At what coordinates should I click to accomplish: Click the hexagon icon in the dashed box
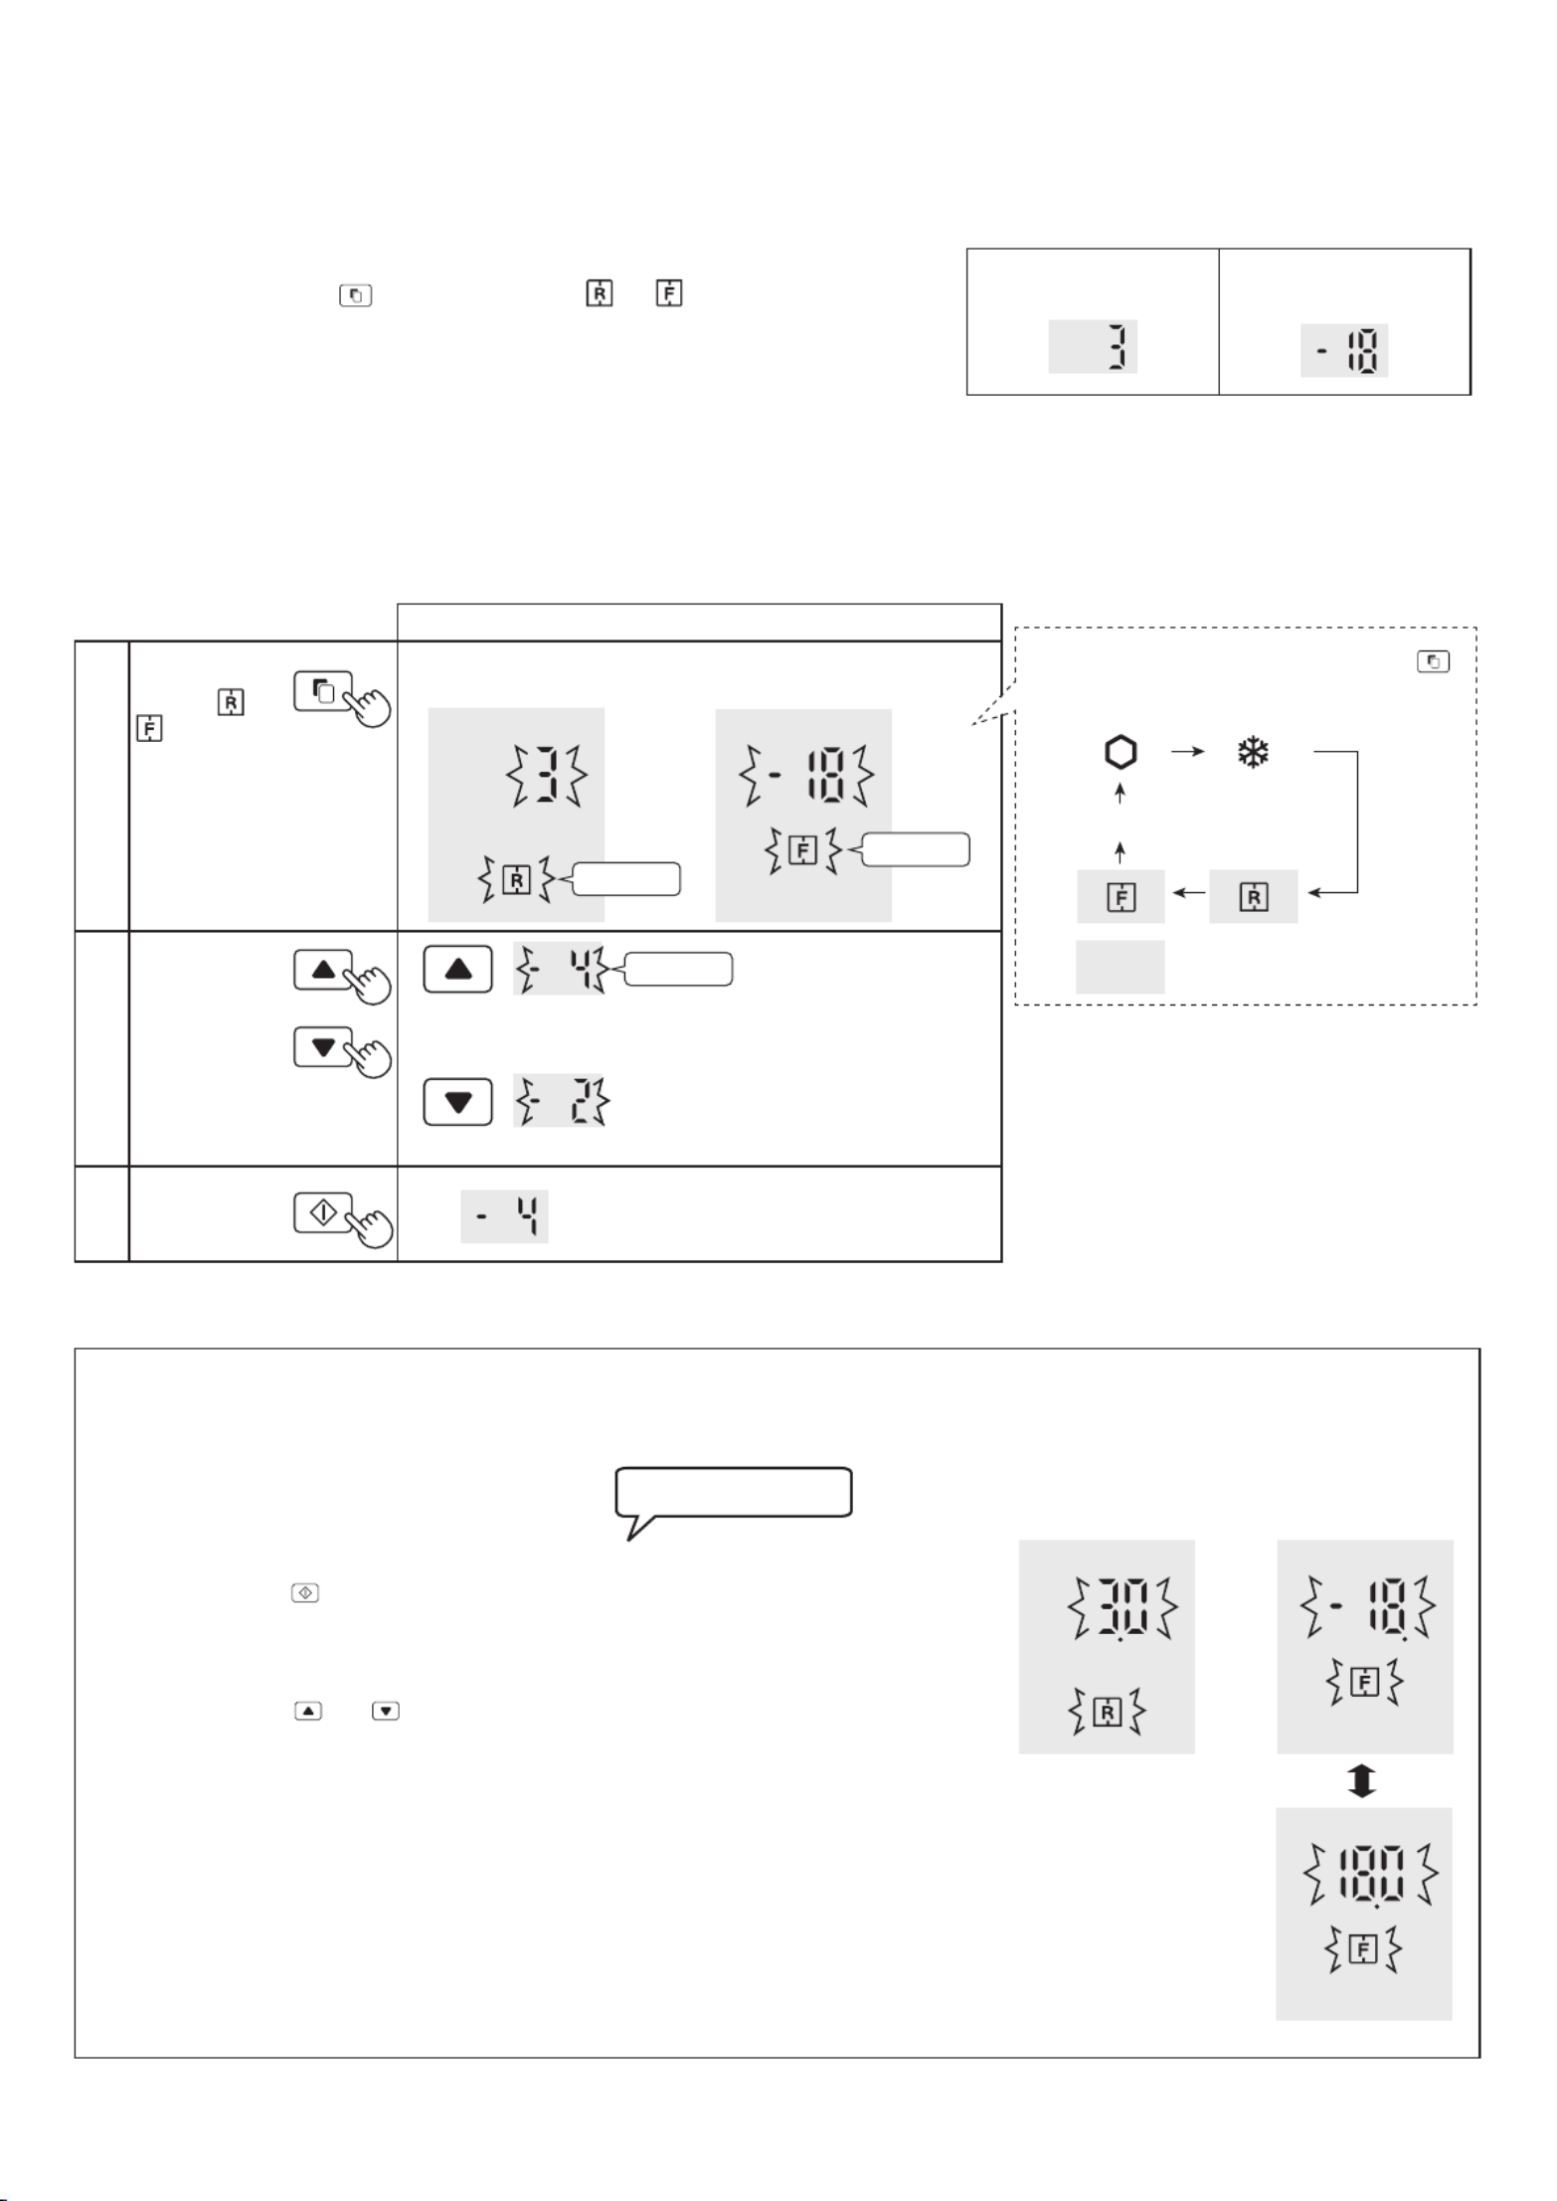click(x=1120, y=753)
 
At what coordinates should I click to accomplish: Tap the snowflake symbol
click(x=1253, y=753)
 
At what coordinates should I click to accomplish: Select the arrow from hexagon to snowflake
click(x=1187, y=753)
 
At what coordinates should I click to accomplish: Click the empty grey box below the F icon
click(x=1120, y=967)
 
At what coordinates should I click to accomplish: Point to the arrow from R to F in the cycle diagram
click(x=1186, y=894)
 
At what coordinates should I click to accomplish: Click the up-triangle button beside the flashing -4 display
click(x=457, y=970)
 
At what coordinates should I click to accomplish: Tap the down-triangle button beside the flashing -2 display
click(x=457, y=1102)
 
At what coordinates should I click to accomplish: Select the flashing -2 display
click(x=560, y=1101)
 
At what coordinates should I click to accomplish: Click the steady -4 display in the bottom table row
click(x=504, y=1216)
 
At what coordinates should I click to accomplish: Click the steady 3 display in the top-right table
click(x=1093, y=347)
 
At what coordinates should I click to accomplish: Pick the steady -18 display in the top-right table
click(x=1344, y=350)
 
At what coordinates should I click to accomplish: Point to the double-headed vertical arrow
click(x=1362, y=1780)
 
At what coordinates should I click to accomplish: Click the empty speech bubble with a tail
click(x=734, y=1493)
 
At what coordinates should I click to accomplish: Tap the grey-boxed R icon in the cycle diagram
click(x=1253, y=896)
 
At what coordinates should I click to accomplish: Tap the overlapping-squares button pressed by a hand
click(x=323, y=691)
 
